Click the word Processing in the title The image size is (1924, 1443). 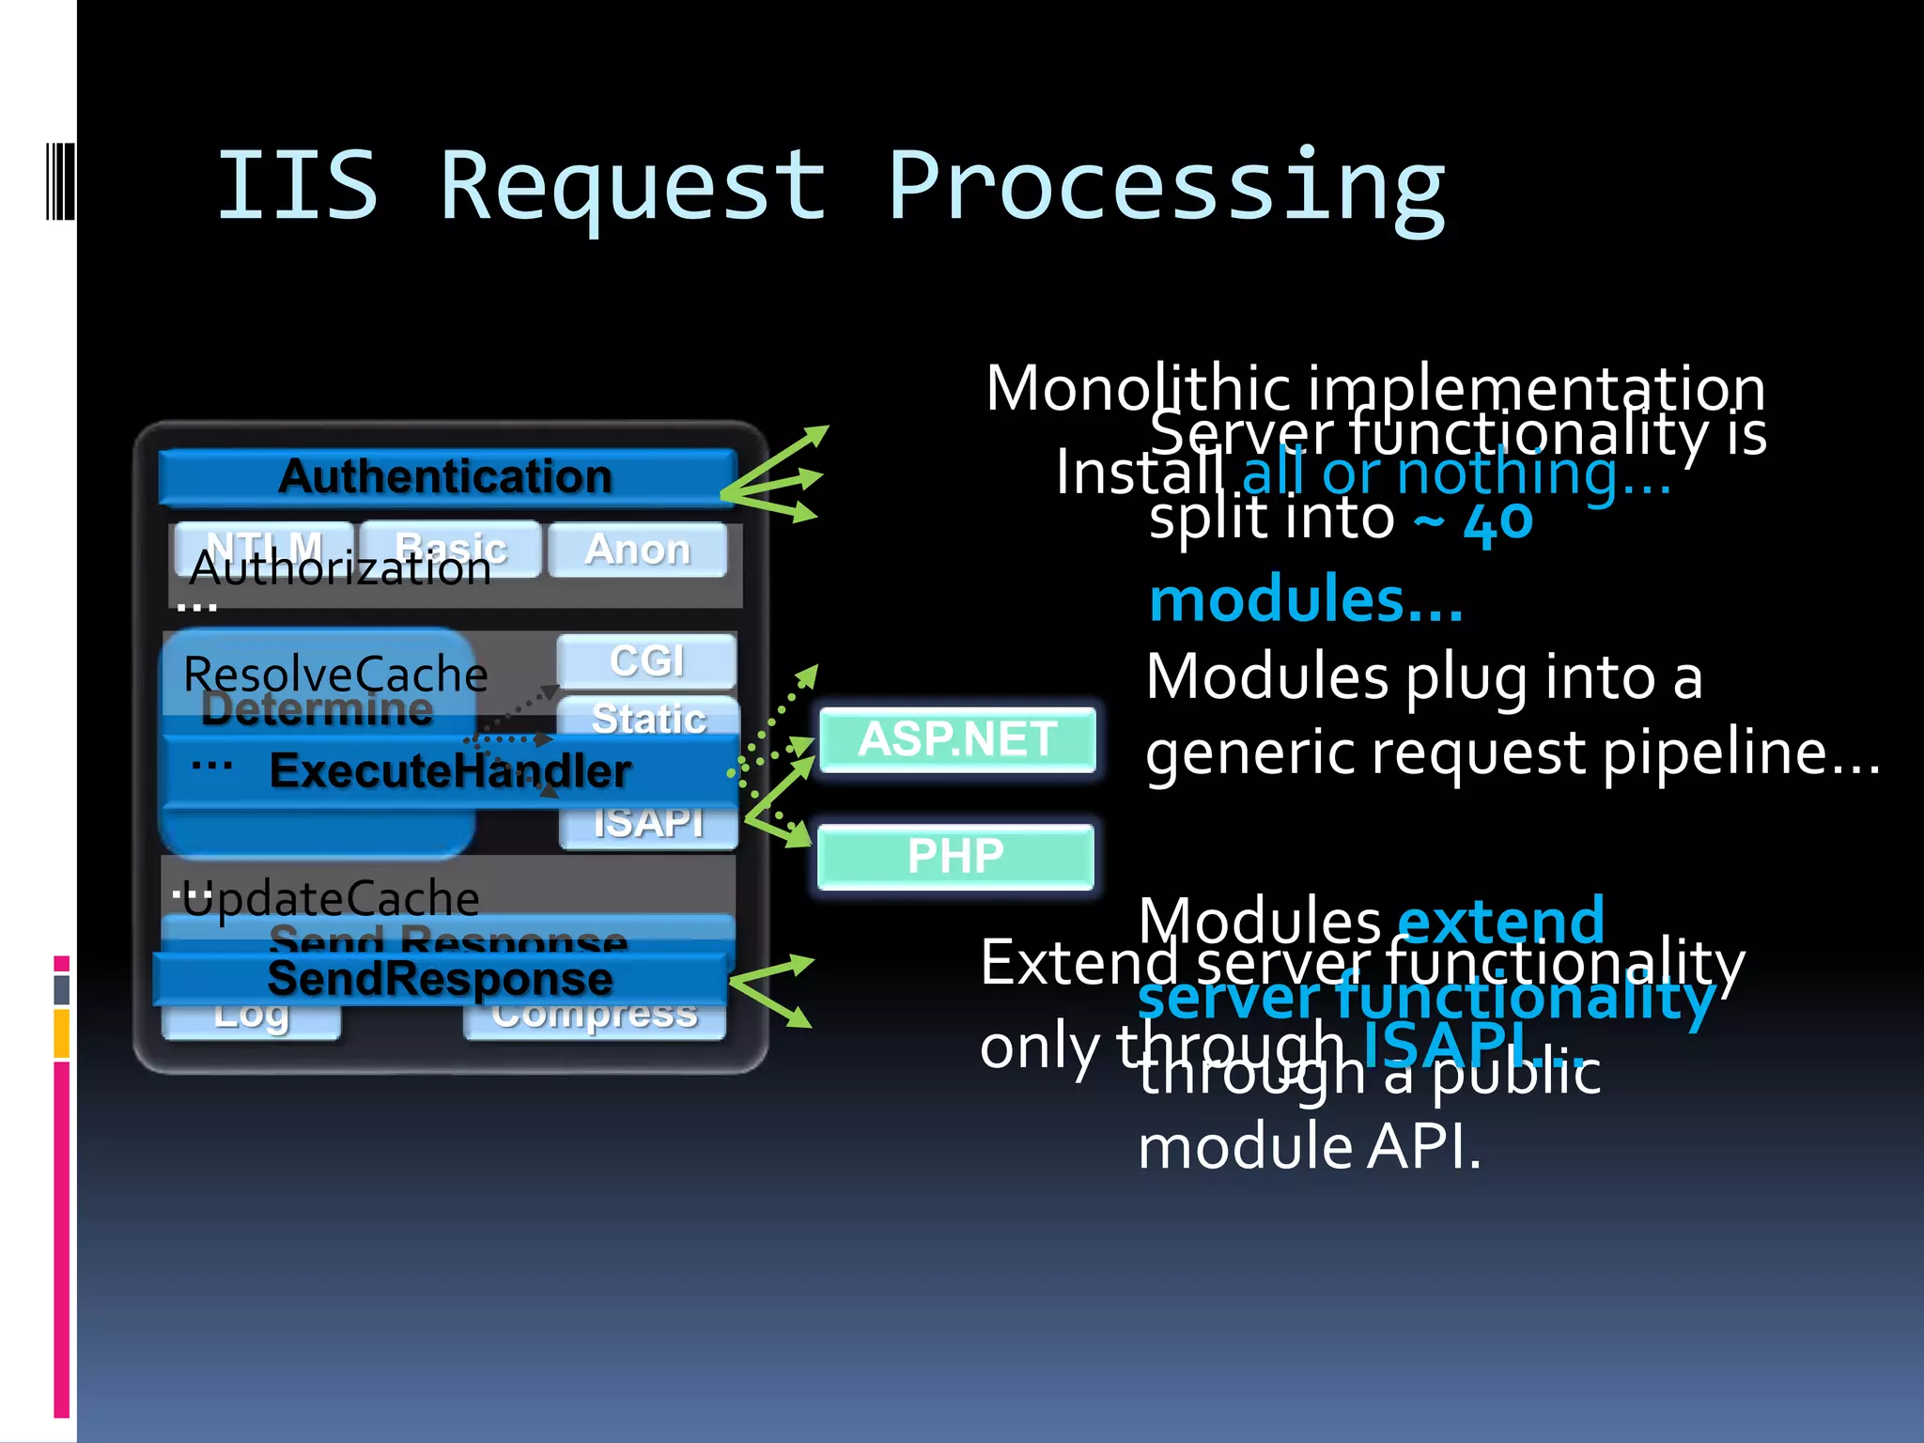pyautogui.click(x=1165, y=188)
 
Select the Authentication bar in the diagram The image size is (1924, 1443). pyautogui.click(x=445, y=476)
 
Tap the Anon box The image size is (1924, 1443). pyautogui.click(x=637, y=550)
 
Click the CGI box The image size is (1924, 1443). pyautogui.click(x=646, y=660)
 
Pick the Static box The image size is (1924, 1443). pyautogui.click(x=648, y=718)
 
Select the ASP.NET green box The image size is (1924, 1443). pyautogui.click(x=956, y=739)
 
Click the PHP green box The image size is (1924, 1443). pyautogui.click(x=954, y=856)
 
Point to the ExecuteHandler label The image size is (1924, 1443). pyautogui.click(x=449, y=771)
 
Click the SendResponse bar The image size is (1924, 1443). pyautogui.click(x=440, y=979)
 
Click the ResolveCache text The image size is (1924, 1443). pyautogui.click(x=335, y=674)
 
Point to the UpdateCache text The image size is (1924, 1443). pyautogui.click(x=331, y=898)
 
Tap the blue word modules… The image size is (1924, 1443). pyautogui.click(x=1306, y=600)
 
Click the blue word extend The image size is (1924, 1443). pyautogui.click(x=1501, y=921)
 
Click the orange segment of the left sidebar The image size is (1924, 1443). pyautogui.click(x=62, y=1033)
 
